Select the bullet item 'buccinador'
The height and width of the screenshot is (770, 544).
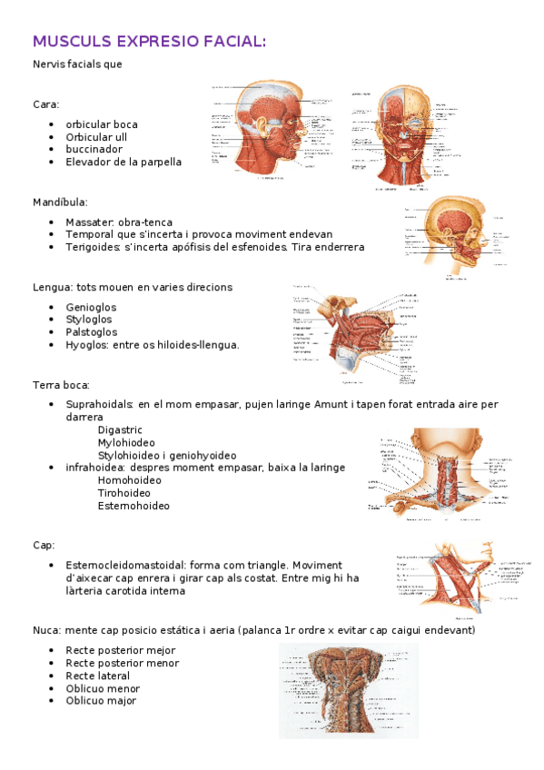pos(94,149)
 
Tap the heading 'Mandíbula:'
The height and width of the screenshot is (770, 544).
pos(60,202)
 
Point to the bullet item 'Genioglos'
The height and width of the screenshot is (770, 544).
pos(91,307)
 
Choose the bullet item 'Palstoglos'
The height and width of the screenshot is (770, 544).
pos(92,332)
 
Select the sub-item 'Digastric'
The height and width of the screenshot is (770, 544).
pos(120,429)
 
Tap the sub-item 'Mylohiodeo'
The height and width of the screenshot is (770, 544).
pos(127,442)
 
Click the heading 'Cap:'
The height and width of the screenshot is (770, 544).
pos(44,545)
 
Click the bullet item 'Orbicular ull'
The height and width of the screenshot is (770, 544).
pos(95,136)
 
